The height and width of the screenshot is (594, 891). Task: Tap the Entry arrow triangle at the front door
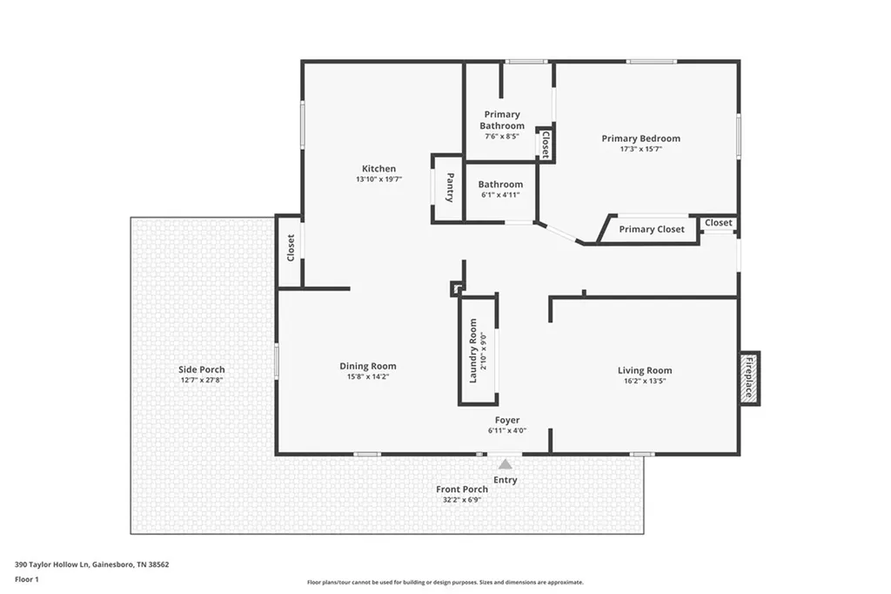pyautogui.click(x=506, y=464)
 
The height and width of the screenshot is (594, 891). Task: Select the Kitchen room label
pyautogui.click(x=379, y=169)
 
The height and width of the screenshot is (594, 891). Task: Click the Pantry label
pyautogui.click(x=449, y=188)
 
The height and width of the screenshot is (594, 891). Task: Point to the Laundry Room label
pyautogui.click(x=473, y=350)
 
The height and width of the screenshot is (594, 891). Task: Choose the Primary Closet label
pyautogui.click(x=652, y=229)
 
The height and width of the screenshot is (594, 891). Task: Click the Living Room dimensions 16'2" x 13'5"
pyautogui.click(x=645, y=381)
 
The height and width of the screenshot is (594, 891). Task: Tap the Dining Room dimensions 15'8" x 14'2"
pyautogui.click(x=367, y=376)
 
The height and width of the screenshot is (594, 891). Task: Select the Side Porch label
pyautogui.click(x=202, y=369)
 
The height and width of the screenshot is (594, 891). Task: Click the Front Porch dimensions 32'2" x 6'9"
pyautogui.click(x=462, y=499)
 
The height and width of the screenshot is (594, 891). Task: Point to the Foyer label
pyautogui.click(x=507, y=420)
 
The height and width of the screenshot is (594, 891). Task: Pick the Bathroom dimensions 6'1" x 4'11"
pyautogui.click(x=501, y=195)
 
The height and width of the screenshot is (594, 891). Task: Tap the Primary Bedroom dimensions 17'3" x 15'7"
pyautogui.click(x=640, y=149)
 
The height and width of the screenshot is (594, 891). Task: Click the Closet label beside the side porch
pyautogui.click(x=291, y=247)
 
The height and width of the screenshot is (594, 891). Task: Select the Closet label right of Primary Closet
pyautogui.click(x=719, y=223)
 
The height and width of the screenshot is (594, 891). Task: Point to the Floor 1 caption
pyautogui.click(x=28, y=578)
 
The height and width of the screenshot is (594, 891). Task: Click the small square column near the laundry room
pyautogui.click(x=456, y=288)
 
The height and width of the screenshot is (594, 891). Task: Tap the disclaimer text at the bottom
pyautogui.click(x=445, y=582)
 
